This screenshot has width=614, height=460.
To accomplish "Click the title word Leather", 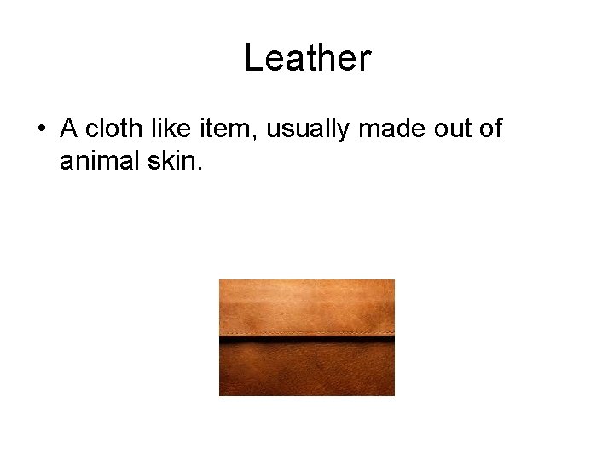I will tap(307, 59).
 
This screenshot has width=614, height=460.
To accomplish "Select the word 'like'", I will tap(169, 129).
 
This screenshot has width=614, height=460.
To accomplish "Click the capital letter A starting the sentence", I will tap(69, 129).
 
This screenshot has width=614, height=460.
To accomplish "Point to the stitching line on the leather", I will tap(307, 332).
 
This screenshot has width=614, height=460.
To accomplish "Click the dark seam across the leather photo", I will tap(307, 341).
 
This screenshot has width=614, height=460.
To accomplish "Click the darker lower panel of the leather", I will tap(307, 371).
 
